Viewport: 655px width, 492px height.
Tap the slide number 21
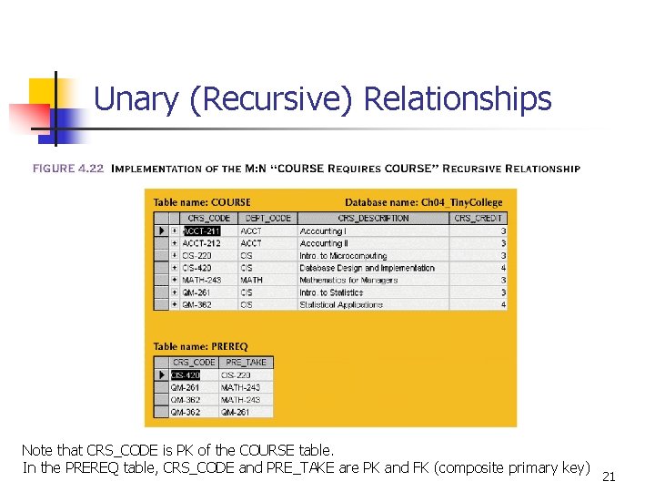[x=610, y=477]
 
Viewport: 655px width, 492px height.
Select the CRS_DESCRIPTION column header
[x=373, y=219]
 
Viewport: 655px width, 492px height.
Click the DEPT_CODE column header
[x=267, y=219]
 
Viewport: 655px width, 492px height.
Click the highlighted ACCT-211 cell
[x=201, y=231]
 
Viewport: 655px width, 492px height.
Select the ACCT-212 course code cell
[x=201, y=243]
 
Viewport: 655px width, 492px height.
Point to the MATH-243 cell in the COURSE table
[x=201, y=281]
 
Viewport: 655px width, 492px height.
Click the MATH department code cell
[x=252, y=281]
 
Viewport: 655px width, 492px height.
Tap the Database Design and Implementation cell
[x=368, y=268]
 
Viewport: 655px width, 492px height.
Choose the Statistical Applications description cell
[x=341, y=305]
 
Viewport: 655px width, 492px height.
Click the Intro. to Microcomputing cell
[x=343, y=256]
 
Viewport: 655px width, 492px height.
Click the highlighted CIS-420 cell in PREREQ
[x=186, y=375]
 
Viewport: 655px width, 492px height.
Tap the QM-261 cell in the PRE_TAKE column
[x=236, y=412]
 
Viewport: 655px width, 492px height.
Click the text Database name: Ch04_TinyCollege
[x=429, y=202]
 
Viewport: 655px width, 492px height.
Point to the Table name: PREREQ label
[x=200, y=346]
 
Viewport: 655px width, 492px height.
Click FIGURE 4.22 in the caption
[x=68, y=169]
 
